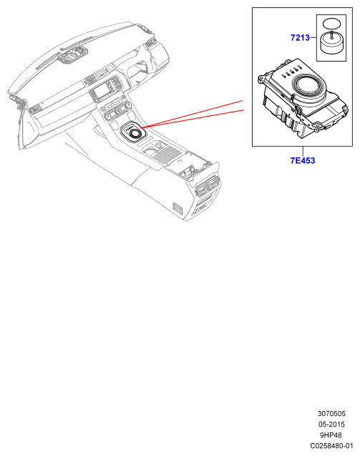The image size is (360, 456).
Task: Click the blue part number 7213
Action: tap(300, 37)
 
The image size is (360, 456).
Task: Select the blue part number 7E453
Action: tap(303, 160)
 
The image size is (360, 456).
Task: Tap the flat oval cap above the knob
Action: tap(331, 23)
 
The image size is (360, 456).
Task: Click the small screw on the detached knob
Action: tap(331, 35)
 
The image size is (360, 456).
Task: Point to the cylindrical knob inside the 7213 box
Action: tap(331, 44)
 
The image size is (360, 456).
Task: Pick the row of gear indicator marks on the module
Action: tap(291, 72)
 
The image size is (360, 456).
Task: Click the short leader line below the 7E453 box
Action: tap(303, 151)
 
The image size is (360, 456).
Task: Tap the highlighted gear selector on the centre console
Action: tap(133, 132)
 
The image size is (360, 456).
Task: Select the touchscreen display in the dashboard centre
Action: tap(101, 92)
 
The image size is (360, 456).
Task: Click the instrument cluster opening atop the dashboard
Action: tap(72, 55)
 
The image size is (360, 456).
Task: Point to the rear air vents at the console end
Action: tap(208, 185)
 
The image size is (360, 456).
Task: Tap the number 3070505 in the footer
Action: tap(331, 414)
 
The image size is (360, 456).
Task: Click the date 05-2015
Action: tap(331, 425)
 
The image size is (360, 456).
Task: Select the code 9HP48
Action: tap(331, 435)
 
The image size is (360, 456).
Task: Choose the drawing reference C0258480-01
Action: tap(331, 446)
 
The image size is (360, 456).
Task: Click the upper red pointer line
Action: tap(192, 114)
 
